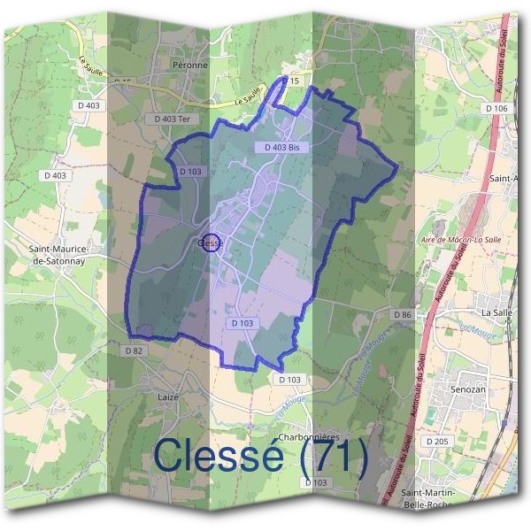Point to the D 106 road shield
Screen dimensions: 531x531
(496, 108)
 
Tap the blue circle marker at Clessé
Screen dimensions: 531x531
(211, 242)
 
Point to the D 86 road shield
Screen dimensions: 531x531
(402, 315)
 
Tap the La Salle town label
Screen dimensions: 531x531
(496, 312)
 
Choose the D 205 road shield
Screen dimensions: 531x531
(437, 441)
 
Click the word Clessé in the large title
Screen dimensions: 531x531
(219, 456)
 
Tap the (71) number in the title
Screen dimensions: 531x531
(332, 456)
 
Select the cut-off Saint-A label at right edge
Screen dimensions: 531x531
(503, 179)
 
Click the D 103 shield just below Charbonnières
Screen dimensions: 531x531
(315, 482)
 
